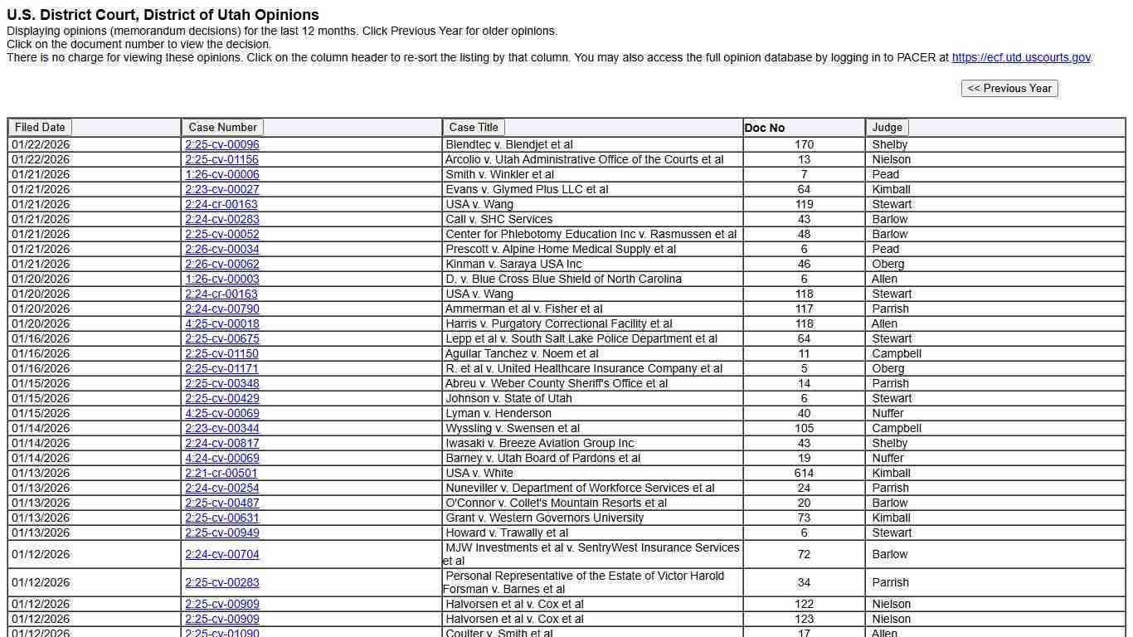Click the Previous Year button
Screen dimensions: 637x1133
1009,88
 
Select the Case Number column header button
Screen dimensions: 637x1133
222,127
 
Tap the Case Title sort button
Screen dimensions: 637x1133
474,127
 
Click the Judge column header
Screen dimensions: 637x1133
887,127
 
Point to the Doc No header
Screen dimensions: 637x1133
764,128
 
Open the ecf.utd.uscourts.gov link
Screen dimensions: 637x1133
1021,57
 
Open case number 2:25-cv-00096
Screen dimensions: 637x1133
221,144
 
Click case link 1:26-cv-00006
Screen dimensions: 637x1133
221,174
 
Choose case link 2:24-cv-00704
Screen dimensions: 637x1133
221,554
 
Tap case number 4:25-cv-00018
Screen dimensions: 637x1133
221,323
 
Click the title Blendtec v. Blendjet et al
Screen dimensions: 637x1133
508,144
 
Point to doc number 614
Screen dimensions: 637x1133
804,473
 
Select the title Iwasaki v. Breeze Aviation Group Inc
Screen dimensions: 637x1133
539,443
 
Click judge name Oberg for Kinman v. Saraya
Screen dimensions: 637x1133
887,264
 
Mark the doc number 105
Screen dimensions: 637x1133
804,428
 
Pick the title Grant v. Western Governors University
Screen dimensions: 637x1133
544,518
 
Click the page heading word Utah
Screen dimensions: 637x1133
225,15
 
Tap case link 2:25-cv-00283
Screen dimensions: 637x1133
221,582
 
